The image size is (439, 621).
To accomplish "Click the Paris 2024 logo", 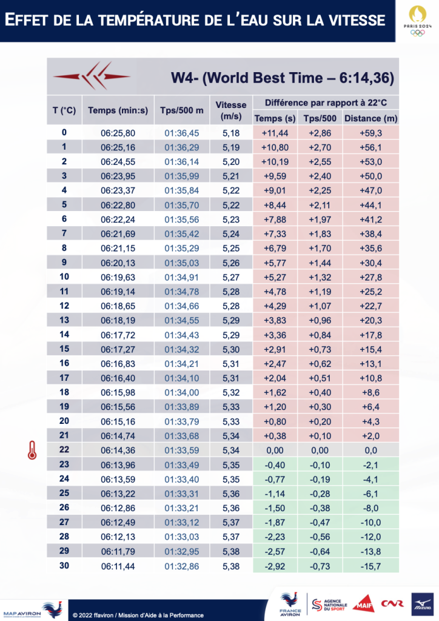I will (416, 21).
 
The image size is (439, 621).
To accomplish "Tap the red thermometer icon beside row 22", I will (30, 450).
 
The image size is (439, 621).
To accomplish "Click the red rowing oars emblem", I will (91, 76).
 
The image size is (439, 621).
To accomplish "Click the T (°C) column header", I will (64, 110).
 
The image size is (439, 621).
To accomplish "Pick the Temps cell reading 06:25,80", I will (118, 133).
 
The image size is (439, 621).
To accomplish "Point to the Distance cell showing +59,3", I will (370, 133).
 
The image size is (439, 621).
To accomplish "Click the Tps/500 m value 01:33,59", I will (183, 450).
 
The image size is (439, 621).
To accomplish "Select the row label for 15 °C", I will (64, 349).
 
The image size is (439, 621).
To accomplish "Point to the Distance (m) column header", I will (370, 118).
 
